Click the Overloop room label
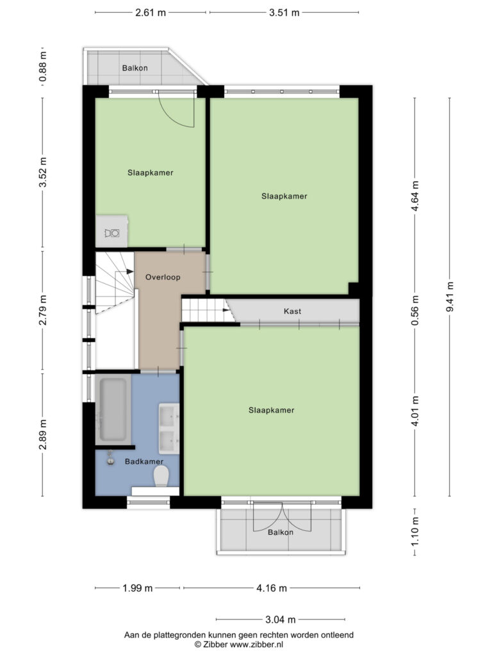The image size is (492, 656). [x=163, y=277]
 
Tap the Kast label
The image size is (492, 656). [x=292, y=311]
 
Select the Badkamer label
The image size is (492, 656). [x=144, y=461]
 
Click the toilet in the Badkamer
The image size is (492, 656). [x=161, y=477]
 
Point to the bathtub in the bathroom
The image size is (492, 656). [x=112, y=409]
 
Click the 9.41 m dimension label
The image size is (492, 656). [x=450, y=297]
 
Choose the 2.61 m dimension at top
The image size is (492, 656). [x=151, y=13]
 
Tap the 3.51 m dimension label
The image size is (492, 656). [x=284, y=13]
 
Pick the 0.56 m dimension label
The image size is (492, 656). [x=414, y=311]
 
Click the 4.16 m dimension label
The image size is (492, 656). [x=272, y=588]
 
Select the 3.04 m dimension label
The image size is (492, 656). [x=281, y=619]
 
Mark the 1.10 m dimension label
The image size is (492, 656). [x=414, y=531]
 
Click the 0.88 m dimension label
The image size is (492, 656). [x=43, y=67]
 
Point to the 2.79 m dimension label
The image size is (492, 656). [x=43, y=310]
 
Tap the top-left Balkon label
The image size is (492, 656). [x=135, y=68]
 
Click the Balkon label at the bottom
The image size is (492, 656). [x=281, y=532]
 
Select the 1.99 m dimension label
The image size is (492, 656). [x=138, y=588]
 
